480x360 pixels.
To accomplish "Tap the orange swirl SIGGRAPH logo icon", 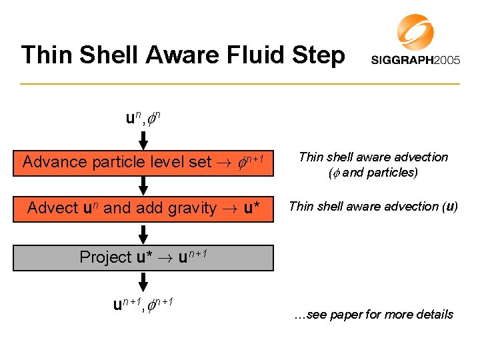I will pos(415,32).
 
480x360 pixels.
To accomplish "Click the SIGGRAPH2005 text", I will pos(415,60).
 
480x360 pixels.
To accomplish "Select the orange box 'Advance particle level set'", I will pos(143,162).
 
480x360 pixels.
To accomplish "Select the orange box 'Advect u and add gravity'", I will pos(143,208).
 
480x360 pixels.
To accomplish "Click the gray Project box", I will pos(143,258).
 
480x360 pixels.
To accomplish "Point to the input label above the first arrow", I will pos(142,119).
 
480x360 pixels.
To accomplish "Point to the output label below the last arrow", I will pos(142,304).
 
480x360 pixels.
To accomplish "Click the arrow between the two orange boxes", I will pos(143,185).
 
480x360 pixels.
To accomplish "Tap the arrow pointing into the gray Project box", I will pos(143,233).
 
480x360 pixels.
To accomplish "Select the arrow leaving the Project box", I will pos(143,281).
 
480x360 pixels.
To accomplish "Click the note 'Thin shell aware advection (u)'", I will pos(373,206).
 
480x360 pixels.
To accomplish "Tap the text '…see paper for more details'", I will pos(373,314).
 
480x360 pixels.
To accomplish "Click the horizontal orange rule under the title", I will pos(240,84).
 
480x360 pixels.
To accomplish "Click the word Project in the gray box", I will pos(105,257).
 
